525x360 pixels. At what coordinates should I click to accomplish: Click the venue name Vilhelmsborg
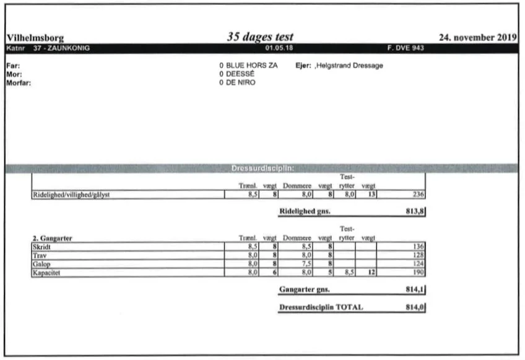pos(35,38)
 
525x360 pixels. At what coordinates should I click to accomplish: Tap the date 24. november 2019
pos(477,38)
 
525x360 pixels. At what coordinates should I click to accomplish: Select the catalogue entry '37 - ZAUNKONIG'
pos(56,48)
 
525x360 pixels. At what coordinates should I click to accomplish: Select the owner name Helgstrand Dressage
pos(350,66)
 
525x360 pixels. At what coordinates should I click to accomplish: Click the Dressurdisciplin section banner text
pos(262,168)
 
